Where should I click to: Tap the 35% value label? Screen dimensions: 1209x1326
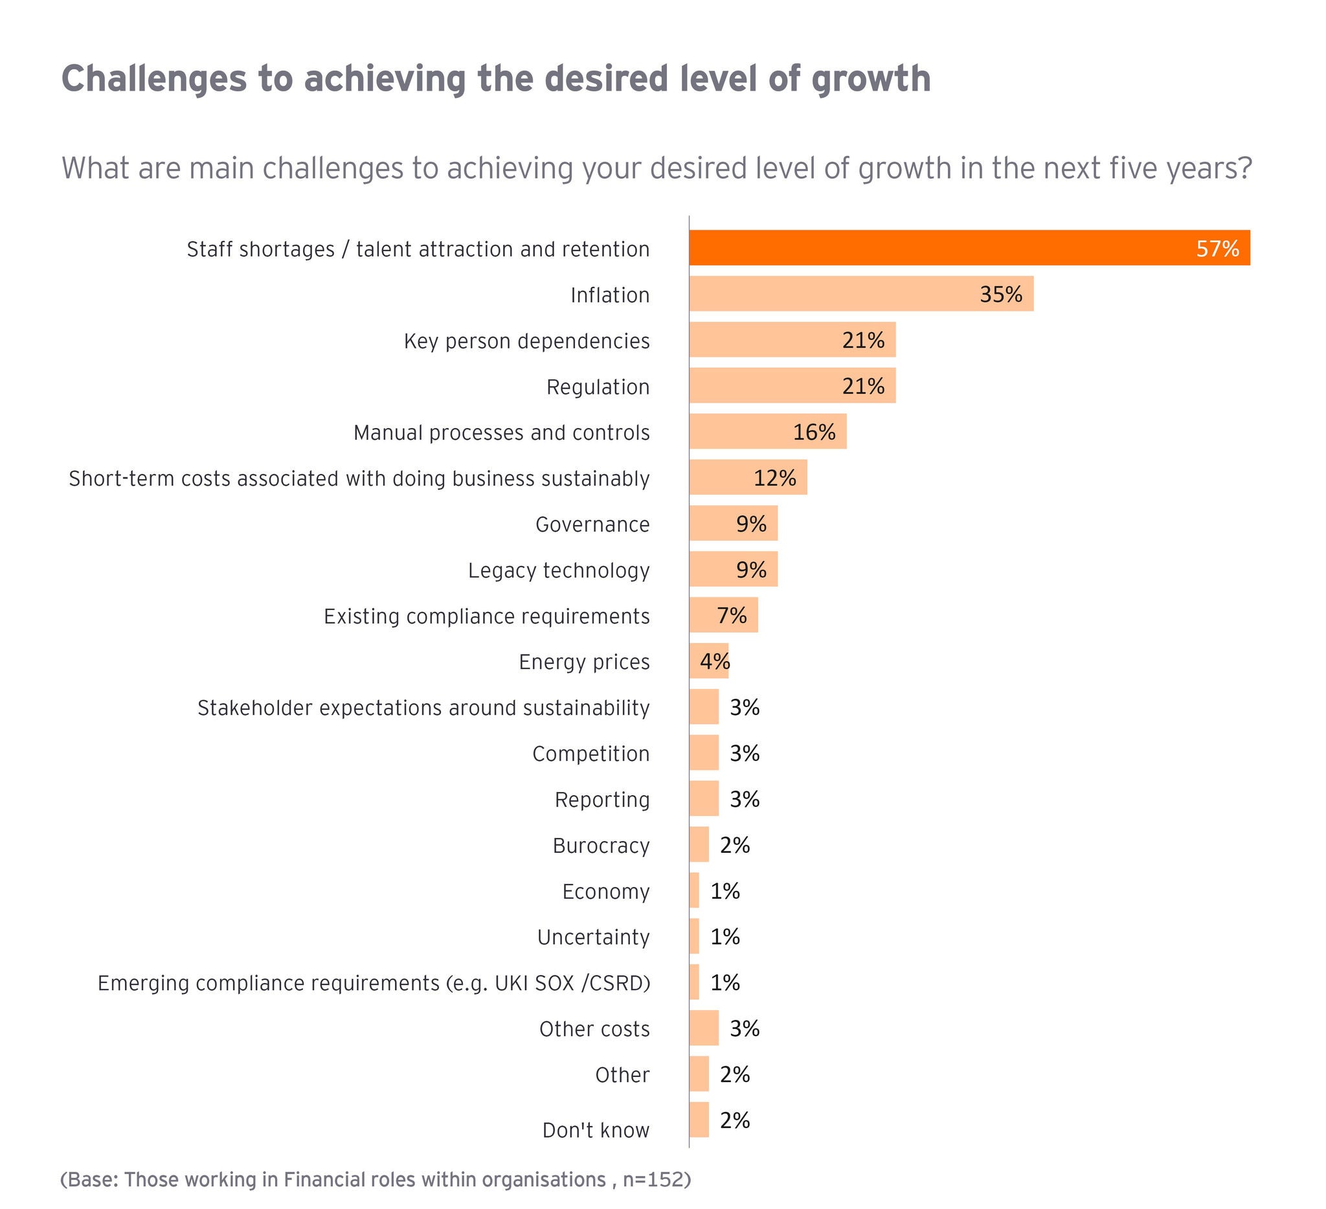(x=1000, y=294)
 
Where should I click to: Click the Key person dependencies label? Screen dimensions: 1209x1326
(x=526, y=341)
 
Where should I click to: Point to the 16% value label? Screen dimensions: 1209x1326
(x=814, y=432)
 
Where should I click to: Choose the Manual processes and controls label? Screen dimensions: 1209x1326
(x=501, y=432)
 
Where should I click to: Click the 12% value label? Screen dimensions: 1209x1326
(x=774, y=477)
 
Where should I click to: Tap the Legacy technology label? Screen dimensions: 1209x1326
(x=558, y=571)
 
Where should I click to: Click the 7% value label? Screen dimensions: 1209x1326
(x=732, y=616)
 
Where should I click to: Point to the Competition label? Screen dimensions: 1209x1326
(x=590, y=753)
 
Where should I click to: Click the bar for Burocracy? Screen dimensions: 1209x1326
(x=699, y=844)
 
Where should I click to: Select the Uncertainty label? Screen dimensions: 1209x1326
(x=593, y=936)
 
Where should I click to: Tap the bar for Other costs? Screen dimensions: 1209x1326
(x=704, y=1028)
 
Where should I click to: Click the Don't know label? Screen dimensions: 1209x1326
(x=595, y=1130)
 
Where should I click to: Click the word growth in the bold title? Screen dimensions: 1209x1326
(x=870, y=79)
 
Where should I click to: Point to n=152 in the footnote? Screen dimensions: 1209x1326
(x=653, y=1179)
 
